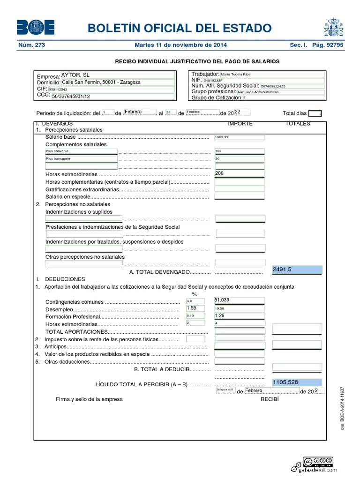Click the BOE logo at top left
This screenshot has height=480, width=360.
36,28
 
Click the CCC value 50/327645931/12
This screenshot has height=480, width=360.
71,96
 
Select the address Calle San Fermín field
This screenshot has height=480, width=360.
101,82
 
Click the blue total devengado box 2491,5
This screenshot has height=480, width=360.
297,270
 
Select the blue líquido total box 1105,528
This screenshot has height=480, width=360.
297,382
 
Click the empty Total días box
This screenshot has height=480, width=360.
315,113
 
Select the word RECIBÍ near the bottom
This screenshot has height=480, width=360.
269,399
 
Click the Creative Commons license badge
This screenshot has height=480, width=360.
318,461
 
